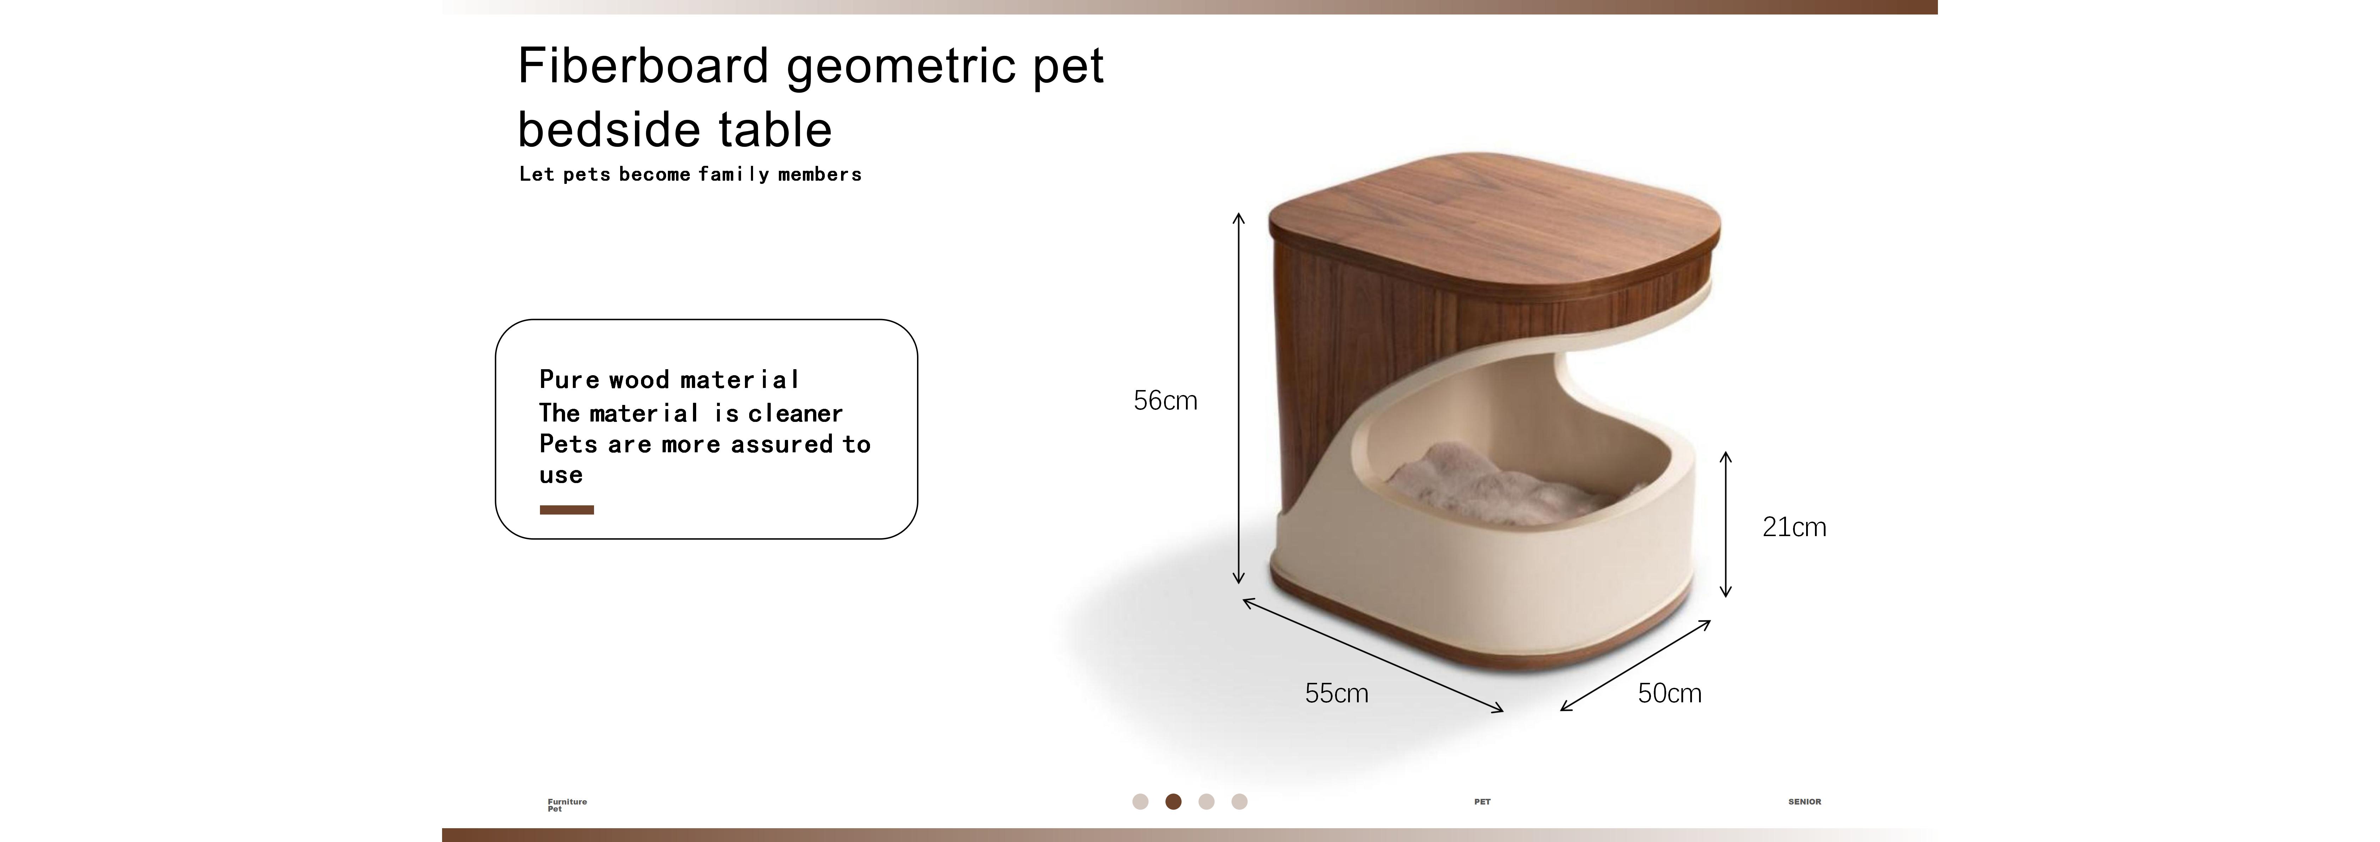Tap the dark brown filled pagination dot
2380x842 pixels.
pos(1173,801)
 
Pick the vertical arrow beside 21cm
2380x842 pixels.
pos(1725,524)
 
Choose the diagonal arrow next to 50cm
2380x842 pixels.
pos(1635,666)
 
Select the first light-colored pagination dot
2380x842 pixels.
pos(1140,801)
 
